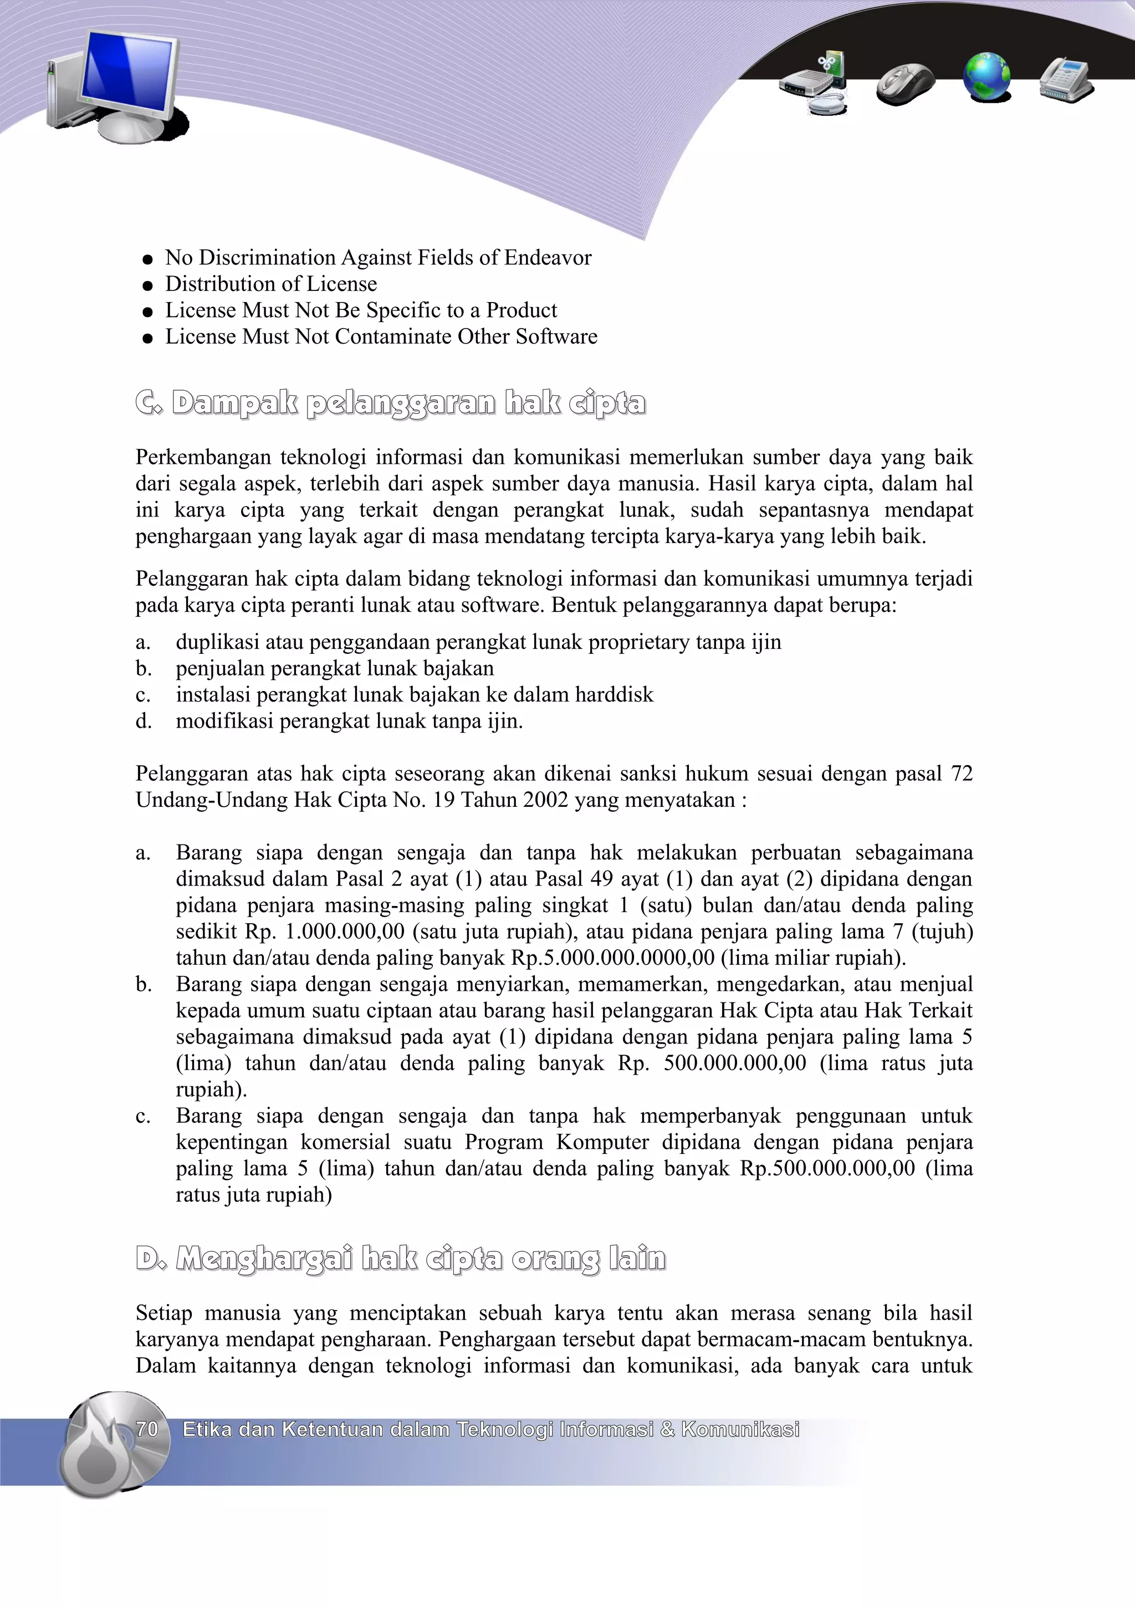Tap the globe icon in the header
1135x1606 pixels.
pos(986,77)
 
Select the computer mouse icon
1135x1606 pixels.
pos(905,83)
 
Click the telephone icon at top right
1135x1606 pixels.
pos(1066,80)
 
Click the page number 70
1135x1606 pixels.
pos(147,1429)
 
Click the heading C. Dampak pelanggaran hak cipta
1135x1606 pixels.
pos(391,403)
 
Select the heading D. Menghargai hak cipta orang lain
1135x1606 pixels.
pos(401,1259)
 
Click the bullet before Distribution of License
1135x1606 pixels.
pos(147,285)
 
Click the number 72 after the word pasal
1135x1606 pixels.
pos(962,774)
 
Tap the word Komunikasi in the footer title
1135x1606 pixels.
pos(740,1429)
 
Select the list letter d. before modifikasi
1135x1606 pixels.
pos(144,721)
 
